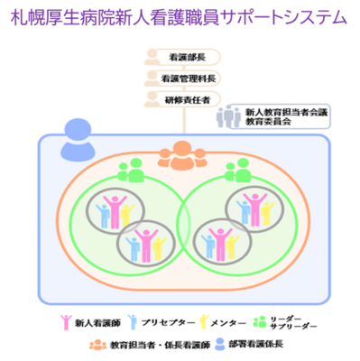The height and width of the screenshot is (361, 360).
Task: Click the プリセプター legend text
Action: coord(165,321)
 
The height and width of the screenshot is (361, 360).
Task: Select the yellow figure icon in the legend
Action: coord(207,320)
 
